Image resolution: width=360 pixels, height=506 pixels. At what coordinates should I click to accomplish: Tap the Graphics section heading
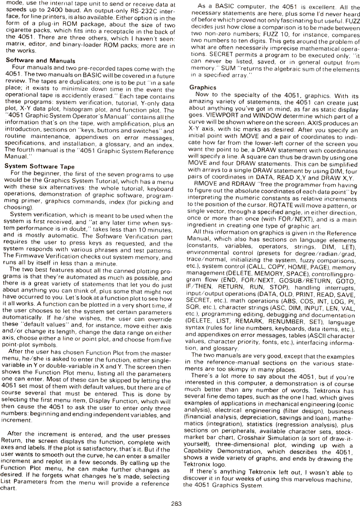(x=202, y=88)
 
